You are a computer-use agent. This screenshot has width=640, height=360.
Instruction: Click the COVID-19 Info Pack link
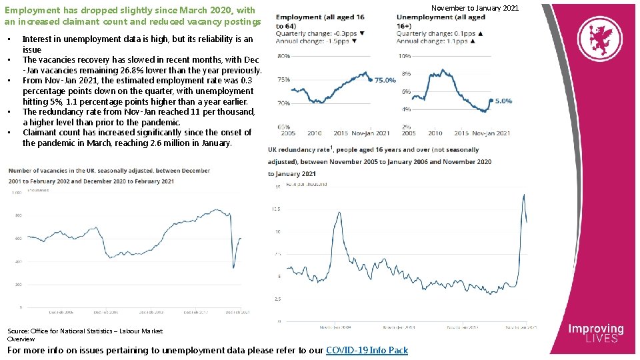pyautogui.click(x=367, y=350)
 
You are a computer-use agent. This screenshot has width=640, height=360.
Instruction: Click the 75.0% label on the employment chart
pyautogui.click(x=385, y=81)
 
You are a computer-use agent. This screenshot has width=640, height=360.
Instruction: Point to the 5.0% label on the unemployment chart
pyautogui.click(x=503, y=101)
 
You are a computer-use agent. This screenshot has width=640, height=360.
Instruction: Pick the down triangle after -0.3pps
pyautogui.click(x=362, y=33)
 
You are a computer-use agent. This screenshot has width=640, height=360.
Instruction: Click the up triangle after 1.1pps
pyautogui.click(x=473, y=41)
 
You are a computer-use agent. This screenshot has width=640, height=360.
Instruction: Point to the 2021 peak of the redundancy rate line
pyautogui.click(x=524, y=194)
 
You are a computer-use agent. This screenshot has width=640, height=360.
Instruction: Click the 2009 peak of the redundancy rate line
pyautogui.click(x=340, y=213)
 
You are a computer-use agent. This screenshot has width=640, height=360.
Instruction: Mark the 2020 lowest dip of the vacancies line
pyautogui.click(x=233, y=268)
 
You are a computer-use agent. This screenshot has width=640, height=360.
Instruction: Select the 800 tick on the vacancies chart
pyautogui.click(x=18, y=215)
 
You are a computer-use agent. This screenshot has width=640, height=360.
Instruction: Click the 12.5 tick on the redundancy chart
pyautogui.click(x=275, y=209)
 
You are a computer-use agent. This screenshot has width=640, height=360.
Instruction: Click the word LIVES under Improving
pyautogui.click(x=595, y=339)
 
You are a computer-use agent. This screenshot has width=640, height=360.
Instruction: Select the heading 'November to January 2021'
pyautogui.click(x=475, y=7)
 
